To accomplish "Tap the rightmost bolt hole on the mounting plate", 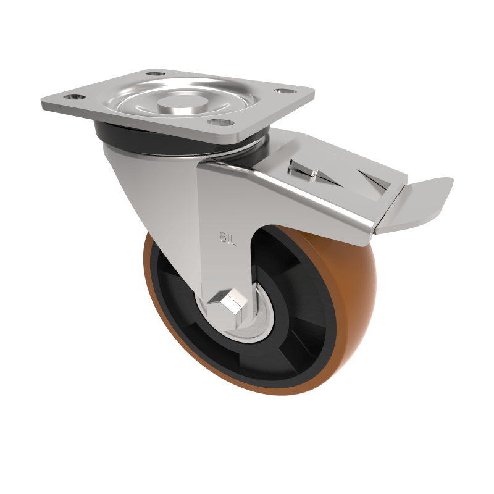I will click(284, 91).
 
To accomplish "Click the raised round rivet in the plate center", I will click(183, 98).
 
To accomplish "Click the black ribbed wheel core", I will click(296, 346).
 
